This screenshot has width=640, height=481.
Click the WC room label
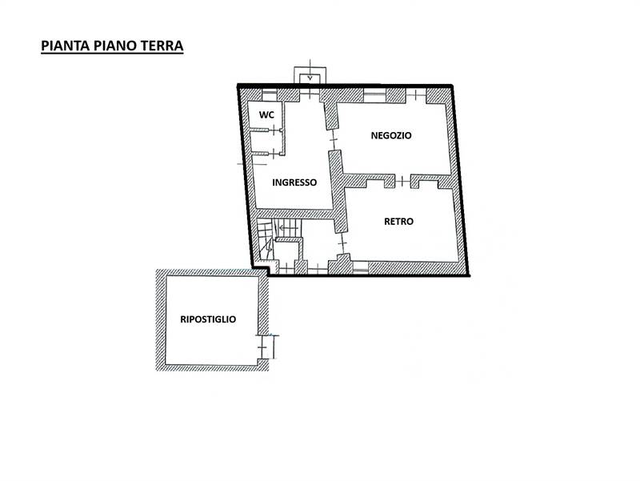tap(267, 115)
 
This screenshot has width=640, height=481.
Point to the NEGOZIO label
tap(391, 135)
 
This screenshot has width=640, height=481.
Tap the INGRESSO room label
tap(294, 182)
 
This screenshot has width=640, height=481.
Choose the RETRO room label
tap(398, 222)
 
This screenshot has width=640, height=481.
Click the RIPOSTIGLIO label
tap(208, 319)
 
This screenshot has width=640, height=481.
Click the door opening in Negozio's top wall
tap(415, 94)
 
